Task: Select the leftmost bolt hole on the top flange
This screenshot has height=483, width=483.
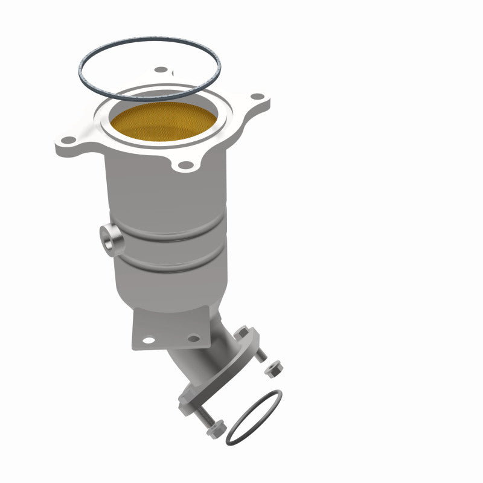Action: (x=69, y=140)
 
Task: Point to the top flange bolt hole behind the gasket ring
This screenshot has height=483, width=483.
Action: (x=160, y=69)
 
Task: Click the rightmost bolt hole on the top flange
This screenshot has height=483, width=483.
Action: (x=258, y=97)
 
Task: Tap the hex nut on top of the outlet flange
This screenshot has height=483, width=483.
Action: (x=243, y=333)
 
